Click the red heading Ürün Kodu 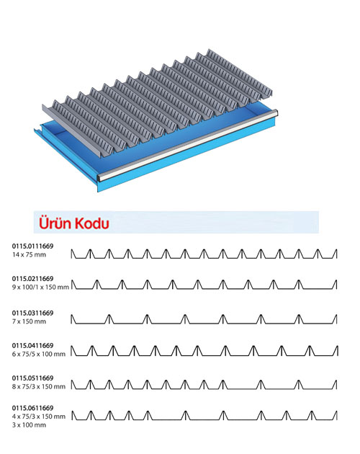[74, 223]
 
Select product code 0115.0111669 [32, 246]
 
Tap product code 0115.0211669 [32, 279]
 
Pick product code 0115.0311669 [32, 313]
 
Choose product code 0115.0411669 [32, 345]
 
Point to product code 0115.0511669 [32, 378]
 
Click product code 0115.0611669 [32, 408]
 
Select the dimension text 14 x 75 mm [29, 255]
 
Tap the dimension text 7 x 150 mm [29, 321]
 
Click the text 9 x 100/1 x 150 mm [40, 288]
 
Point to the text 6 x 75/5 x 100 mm [39, 354]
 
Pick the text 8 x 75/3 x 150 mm [39, 386]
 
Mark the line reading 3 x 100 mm [29, 425]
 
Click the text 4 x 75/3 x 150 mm [39, 417]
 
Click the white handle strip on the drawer [188, 144]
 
